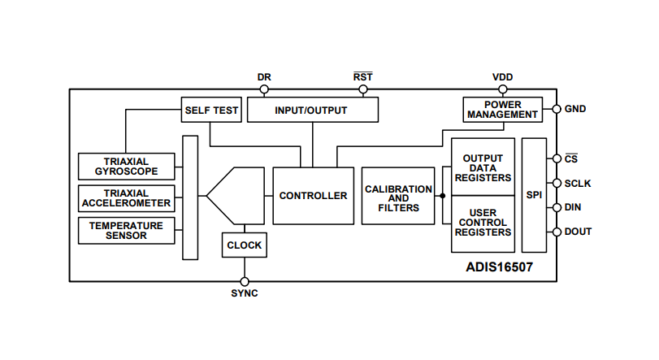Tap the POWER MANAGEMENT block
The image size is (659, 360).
coord(503,110)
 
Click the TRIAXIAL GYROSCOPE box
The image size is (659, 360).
coord(126,167)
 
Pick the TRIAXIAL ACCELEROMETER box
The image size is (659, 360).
coord(126,198)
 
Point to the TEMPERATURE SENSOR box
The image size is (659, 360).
coord(126,230)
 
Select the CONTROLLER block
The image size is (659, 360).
coord(313,196)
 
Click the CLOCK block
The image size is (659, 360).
coord(244,245)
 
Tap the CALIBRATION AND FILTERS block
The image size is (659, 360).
coord(398,196)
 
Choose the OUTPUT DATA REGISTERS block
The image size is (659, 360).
coord(483,167)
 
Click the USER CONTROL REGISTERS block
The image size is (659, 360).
coord(483,223)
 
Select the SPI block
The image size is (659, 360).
coord(534,196)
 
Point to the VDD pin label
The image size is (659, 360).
coord(502,77)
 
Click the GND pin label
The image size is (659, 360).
coord(575,109)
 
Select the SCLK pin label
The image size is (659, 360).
coord(578,184)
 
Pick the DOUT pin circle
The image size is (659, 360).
coord(557,232)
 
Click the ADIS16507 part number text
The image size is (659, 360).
coord(499,267)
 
